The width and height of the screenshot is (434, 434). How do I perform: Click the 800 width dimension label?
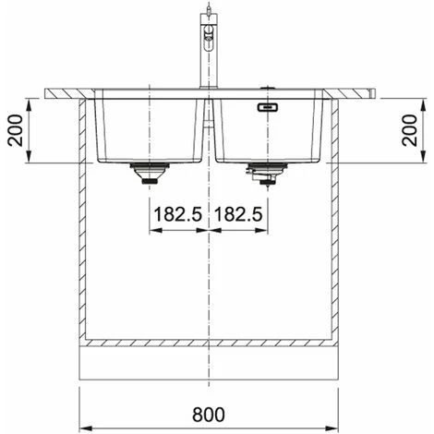[209, 415]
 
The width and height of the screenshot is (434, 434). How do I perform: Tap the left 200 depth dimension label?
[15, 130]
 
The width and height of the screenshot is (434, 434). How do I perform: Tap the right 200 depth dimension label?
[409, 130]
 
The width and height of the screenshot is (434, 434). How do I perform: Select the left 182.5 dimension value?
[178, 214]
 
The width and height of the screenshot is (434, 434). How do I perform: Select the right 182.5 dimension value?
[238, 214]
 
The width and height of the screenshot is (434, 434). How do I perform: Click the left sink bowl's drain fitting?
[150, 174]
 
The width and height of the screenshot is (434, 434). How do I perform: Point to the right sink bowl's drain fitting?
[267, 174]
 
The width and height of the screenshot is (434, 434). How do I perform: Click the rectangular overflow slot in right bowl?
[268, 107]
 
